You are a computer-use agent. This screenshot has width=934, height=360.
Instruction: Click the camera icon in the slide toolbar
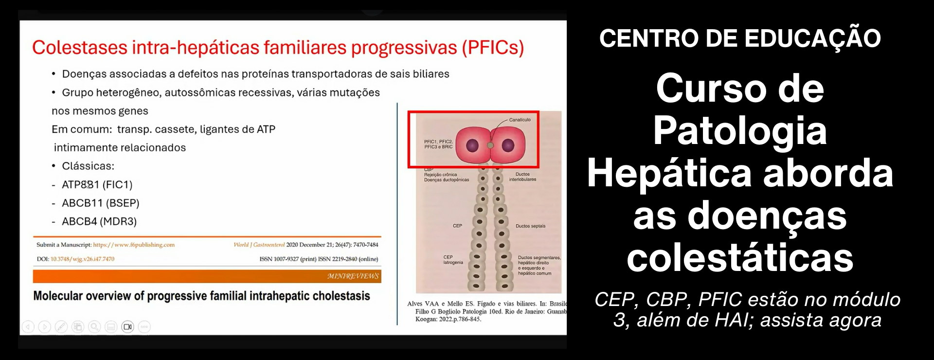point(127,327)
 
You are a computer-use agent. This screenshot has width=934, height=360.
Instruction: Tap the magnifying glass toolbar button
point(94,327)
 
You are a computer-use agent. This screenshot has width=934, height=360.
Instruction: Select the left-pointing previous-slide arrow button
point(28,327)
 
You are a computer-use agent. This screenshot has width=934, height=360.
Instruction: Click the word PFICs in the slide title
point(493,48)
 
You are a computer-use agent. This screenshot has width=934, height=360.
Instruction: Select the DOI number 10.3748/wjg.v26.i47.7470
point(83,259)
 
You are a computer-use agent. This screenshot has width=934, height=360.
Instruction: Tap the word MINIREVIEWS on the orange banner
point(353,276)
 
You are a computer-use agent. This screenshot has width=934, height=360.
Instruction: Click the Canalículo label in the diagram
point(520,120)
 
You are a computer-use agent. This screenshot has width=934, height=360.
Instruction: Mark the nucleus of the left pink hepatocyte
point(472,145)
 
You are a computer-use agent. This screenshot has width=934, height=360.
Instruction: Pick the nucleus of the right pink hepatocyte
point(508,145)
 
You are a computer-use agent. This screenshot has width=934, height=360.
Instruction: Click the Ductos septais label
point(530,226)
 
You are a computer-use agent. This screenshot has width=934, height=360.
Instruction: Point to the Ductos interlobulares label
point(522,177)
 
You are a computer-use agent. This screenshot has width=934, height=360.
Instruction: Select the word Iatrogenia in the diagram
point(453,263)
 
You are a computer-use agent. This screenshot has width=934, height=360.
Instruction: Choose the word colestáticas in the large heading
point(740,257)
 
